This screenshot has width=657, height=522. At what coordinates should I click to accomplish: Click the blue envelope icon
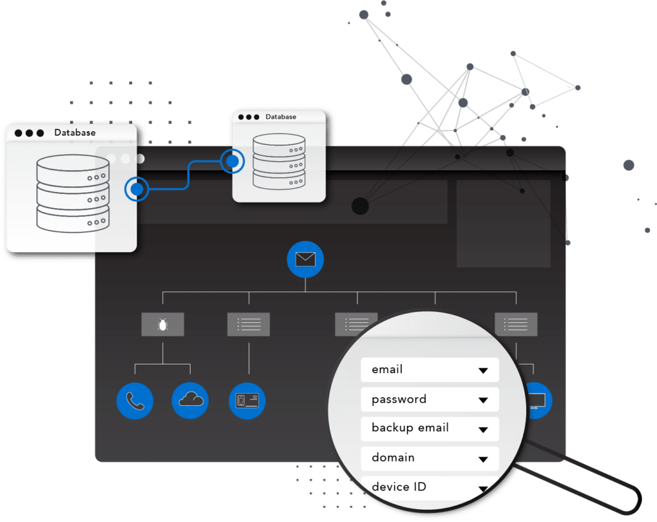pos(305,259)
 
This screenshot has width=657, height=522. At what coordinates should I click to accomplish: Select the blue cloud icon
pos(191,401)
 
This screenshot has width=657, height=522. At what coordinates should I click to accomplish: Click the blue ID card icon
pos(247,401)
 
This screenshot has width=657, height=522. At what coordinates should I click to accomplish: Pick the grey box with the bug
pos(162,325)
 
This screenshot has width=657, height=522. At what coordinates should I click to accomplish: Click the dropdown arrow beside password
pos(484,400)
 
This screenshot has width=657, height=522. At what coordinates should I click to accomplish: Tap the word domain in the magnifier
pos(393,457)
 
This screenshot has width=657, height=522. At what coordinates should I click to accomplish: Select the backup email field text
pos(410,428)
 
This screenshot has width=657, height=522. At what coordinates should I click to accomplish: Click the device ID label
pos(398,487)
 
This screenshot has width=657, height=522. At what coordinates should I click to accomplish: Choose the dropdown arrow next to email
pos(484,370)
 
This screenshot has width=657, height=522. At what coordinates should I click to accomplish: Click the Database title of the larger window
pos(74,133)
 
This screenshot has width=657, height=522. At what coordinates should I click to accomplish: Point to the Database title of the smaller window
pos(281,117)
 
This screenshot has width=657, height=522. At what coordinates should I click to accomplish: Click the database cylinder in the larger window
pos(72,193)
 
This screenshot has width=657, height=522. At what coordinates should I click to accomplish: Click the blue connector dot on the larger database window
pos(137,189)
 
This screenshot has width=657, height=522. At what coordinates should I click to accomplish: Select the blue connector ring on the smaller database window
pos(232,161)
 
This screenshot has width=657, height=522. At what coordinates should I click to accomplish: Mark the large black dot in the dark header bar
pos(360,206)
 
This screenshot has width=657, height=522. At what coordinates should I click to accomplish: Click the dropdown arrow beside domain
pos(484,459)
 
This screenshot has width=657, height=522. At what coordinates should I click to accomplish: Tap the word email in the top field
pos(387,369)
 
